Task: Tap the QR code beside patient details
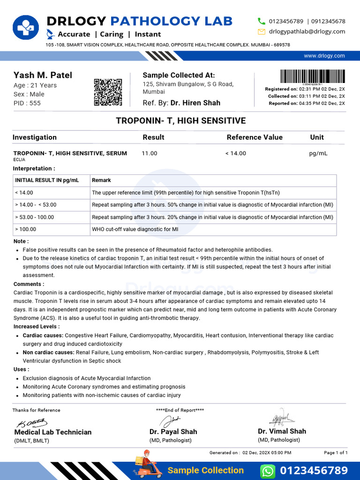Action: pyautogui.click(x=108, y=92)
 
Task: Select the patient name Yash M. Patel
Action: pyautogui.click(x=43, y=75)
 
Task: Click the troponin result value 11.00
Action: pyautogui.click(x=150, y=153)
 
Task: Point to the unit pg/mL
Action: pyautogui.click(x=318, y=153)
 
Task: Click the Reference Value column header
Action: pyautogui.click(x=255, y=137)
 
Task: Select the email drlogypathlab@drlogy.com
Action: pyautogui.click(x=307, y=31)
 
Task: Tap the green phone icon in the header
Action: pyautogui.click(x=262, y=21)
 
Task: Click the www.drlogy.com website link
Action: pyautogui.click(x=324, y=56)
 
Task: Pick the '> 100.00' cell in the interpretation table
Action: pyautogui.click(x=26, y=230)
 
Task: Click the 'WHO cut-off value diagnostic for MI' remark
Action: pyautogui.click(x=135, y=230)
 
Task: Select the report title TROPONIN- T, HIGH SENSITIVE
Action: pyautogui.click(x=180, y=121)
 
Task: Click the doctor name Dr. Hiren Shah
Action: pyautogui.click(x=195, y=103)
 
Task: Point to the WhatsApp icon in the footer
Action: pyautogui.click(x=267, y=470)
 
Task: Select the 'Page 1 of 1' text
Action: pyautogui.click(x=336, y=453)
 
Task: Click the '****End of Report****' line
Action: pyautogui.click(x=180, y=410)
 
